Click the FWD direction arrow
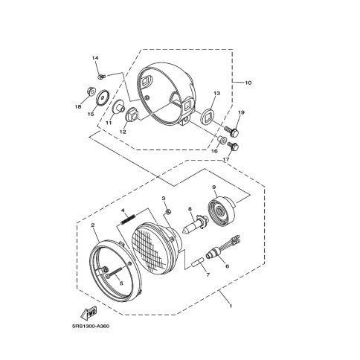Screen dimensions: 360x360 click(x=89, y=313)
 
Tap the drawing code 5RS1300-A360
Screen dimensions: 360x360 click(x=91, y=326)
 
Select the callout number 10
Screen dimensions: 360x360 click(x=248, y=83)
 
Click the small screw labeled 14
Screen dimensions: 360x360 click(x=101, y=77)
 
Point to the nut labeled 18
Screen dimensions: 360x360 click(x=90, y=92)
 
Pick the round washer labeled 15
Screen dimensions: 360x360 click(x=102, y=98)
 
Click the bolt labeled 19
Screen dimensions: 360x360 click(x=231, y=132)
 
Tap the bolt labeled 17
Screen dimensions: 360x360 click(x=233, y=146)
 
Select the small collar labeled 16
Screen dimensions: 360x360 click(x=222, y=140)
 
